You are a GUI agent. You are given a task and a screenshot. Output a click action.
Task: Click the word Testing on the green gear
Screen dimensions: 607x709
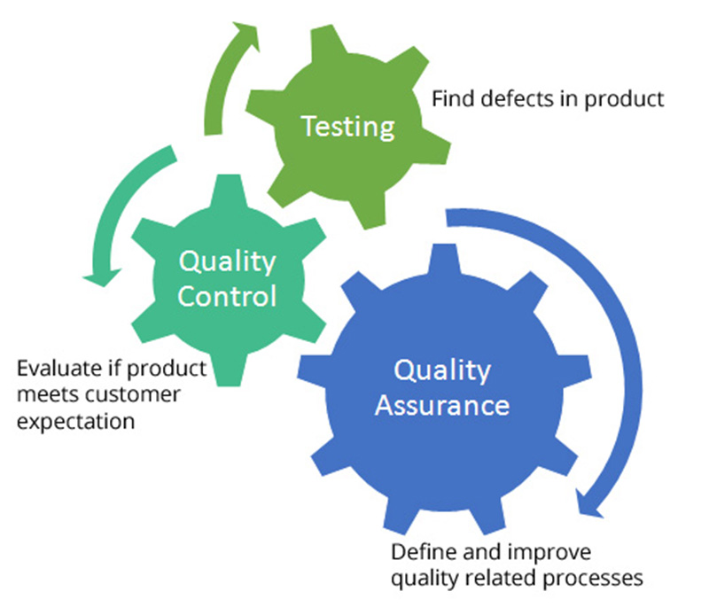(x=347, y=127)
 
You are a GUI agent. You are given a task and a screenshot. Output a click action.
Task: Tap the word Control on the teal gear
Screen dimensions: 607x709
(x=227, y=294)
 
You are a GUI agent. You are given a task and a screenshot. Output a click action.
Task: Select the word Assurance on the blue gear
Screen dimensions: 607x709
(x=441, y=406)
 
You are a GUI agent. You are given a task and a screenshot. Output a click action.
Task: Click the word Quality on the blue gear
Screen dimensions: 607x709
(x=441, y=370)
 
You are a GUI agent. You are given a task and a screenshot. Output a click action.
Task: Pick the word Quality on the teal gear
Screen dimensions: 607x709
(x=227, y=261)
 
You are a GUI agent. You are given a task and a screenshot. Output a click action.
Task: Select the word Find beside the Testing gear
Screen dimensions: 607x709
(x=449, y=98)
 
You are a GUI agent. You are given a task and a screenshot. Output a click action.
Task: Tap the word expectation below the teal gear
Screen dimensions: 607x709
(x=76, y=420)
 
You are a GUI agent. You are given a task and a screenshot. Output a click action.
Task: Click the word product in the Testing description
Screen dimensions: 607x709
(x=626, y=98)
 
